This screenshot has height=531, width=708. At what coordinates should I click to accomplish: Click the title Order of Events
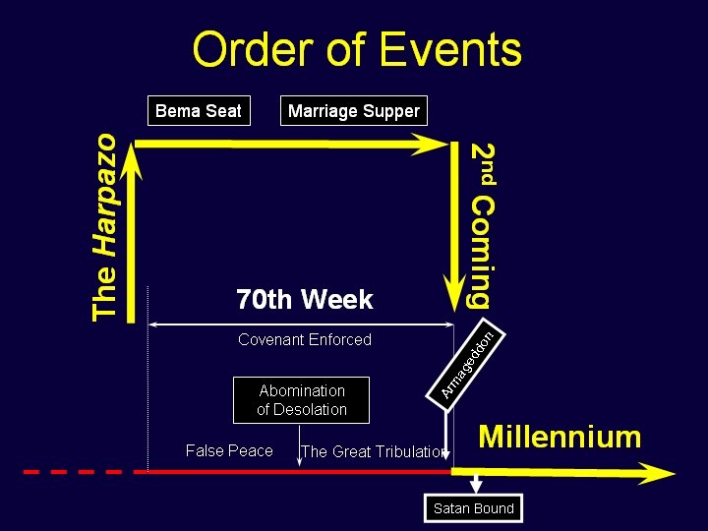point(357,50)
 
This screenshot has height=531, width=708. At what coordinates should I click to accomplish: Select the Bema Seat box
point(198,111)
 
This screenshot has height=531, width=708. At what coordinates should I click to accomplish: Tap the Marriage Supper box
point(353,111)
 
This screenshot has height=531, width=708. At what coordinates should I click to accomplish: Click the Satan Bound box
point(473,508)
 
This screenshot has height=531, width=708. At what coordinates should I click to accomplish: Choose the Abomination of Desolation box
point(302,400)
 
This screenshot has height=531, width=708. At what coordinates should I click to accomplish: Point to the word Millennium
point(559,437)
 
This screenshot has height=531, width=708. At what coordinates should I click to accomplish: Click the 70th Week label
point(304,299)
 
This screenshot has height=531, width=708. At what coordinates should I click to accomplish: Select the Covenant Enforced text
point(305,340)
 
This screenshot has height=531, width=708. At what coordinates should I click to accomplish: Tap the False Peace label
point(229,450)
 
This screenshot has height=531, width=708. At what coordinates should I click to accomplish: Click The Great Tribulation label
point(374,452)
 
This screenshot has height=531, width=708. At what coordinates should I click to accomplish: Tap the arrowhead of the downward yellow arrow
point(455,293)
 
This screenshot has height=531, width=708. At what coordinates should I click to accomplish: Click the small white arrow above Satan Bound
point(476,485)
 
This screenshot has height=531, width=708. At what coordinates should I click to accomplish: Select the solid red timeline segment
point(295,472)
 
